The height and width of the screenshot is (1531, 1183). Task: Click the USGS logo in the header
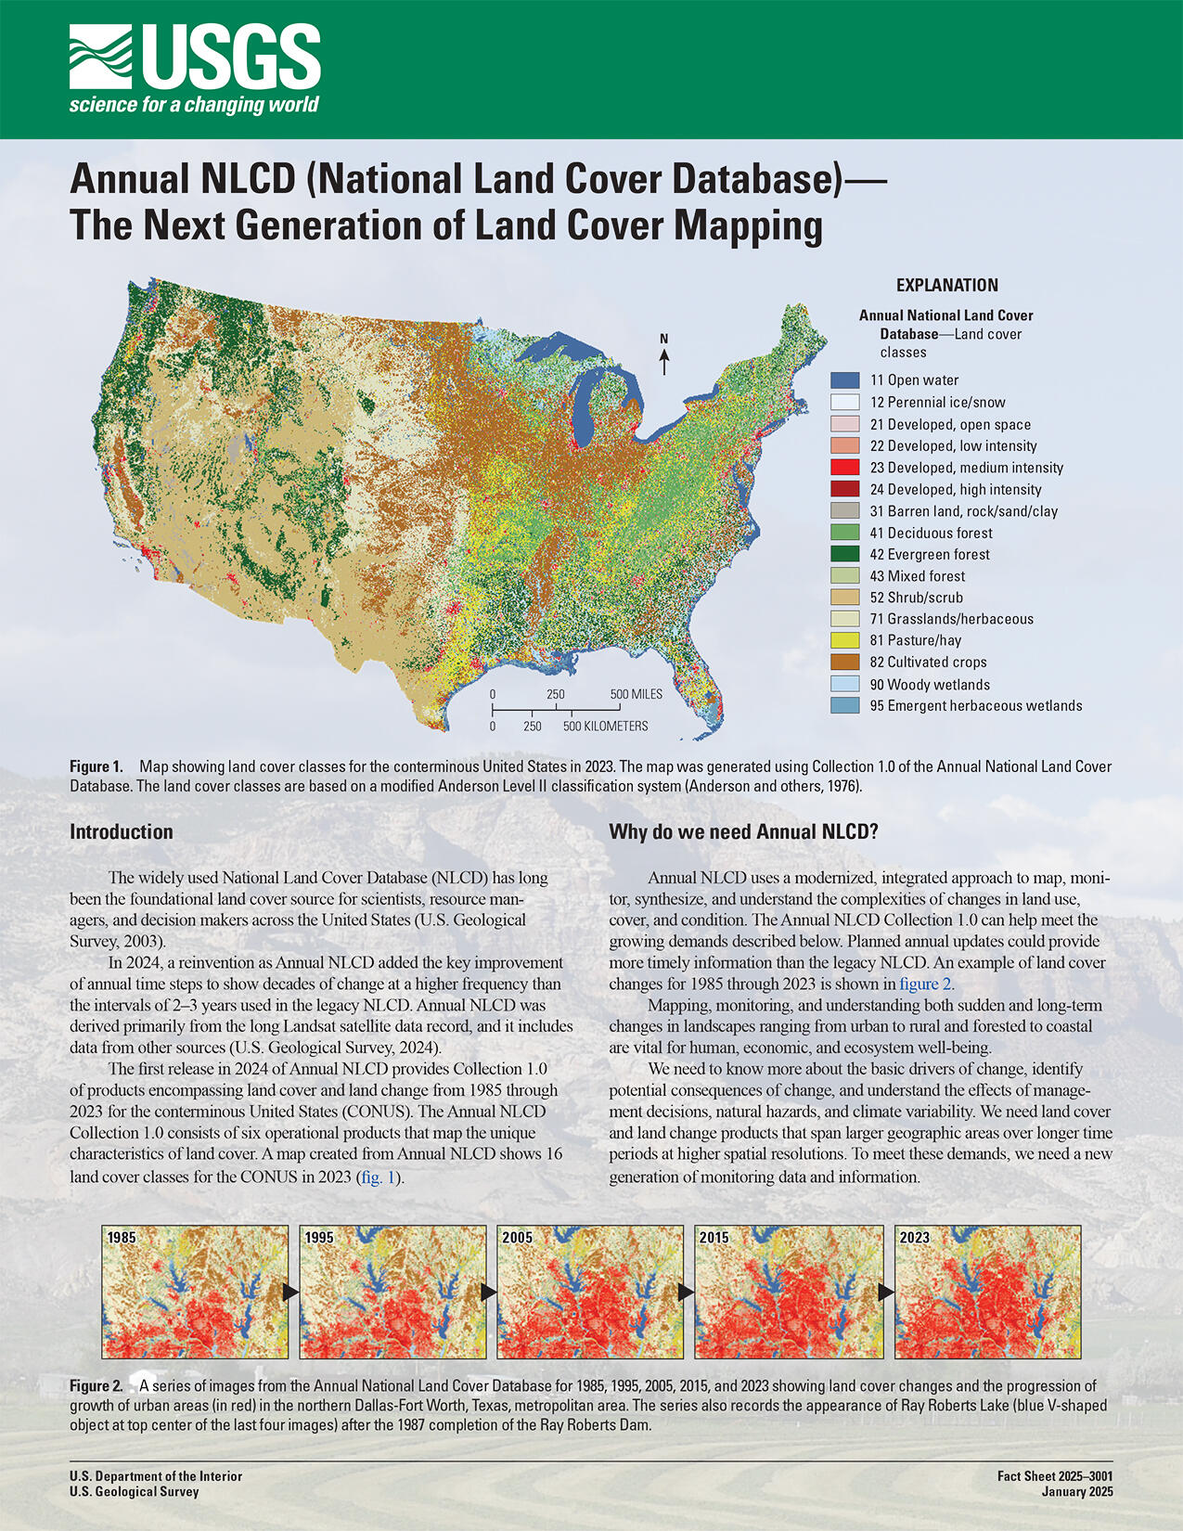pyautogui.click(x=195, y=70)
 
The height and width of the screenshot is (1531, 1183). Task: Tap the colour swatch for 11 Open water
pyautogui.click(x=844, y=380)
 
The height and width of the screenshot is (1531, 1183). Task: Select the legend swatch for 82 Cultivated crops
pyautogui.click(x=844, y=662)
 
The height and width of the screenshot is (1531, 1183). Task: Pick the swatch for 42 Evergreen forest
pyautogui.click(x=844, y=554)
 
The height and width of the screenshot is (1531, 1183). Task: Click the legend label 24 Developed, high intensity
pyautogui.click(x=956, y=489)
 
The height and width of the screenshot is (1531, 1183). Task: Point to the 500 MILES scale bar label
pyautogui.click(x=636, y=694)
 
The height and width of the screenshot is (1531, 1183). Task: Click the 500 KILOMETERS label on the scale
pyautogui.click(x=605, y=726)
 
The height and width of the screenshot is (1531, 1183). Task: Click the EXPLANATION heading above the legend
pyautogui.click(x=946, y=285)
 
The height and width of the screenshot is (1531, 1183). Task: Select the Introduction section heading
pyautogui.click(x=122, y=831)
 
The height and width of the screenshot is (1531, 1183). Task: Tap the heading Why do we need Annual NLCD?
pyautogui.click(x=743, y=831)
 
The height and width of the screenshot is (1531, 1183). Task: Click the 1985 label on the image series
pyautogui.click(x=122, y=1237)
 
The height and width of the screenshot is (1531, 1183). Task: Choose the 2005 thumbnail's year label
pyautogui.click(x=517, y=1237)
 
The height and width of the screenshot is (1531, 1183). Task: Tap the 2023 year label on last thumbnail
pyautogui.click(x=914, y=1237)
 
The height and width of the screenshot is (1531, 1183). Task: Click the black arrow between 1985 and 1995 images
pyautogui.click(x=291, y=1291)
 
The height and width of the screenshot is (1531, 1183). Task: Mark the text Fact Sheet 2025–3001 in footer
pyautogui.click(x=1055, y=1475)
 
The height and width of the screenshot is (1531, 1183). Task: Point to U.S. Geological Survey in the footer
pyautogui.click(x=135, y=1492)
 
